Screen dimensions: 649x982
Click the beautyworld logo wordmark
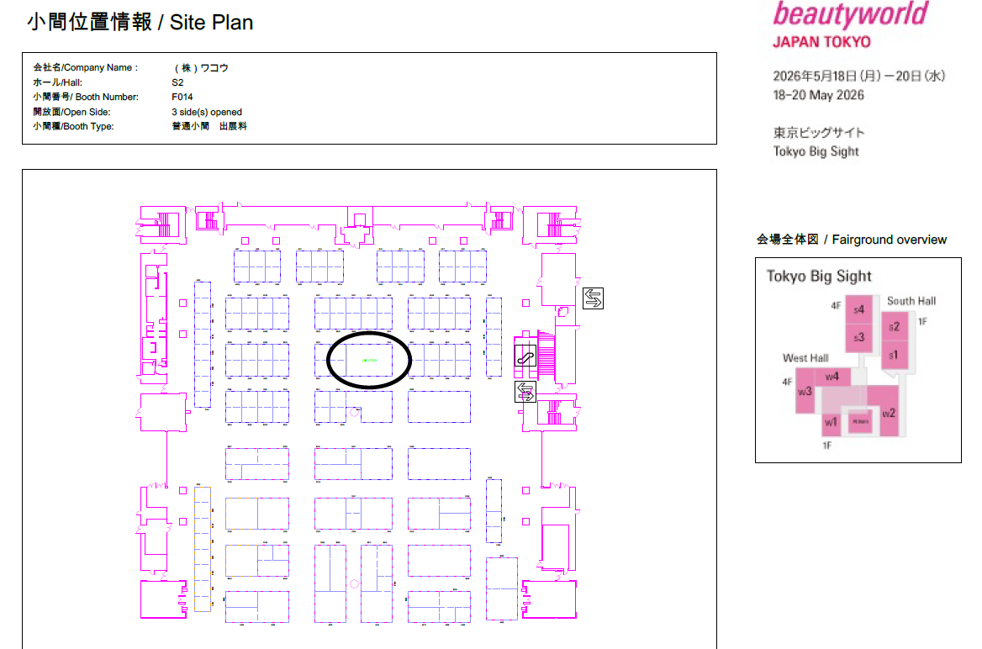[850, 15]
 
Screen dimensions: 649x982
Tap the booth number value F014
[182, 97]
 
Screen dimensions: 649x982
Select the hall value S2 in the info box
[177, 82]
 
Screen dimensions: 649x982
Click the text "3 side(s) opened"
[207, 112]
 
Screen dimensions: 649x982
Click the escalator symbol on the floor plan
[525, 356]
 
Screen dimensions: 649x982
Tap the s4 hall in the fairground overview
[858, 310]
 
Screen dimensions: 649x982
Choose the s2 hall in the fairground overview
[895, 327]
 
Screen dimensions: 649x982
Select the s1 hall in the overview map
[894, 355]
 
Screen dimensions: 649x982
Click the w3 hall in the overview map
[805, 391]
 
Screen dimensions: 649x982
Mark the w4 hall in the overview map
[832, 376]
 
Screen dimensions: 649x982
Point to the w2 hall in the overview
[889, 412]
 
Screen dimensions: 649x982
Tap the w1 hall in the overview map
[831, 422]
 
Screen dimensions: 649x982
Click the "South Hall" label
[911, 301]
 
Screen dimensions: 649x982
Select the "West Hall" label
[805, 358]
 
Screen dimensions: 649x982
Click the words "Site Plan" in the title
[211, 23]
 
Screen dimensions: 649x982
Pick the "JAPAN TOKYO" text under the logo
[821, 42]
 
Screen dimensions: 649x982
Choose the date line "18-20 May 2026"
[818, 95]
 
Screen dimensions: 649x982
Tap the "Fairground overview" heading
[890, 240]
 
